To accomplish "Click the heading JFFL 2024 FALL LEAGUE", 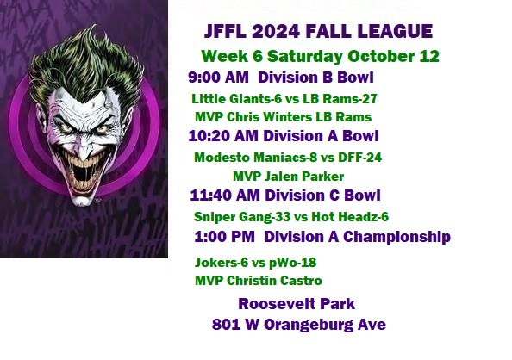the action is [318, 31].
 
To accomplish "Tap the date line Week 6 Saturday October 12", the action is [320, 56].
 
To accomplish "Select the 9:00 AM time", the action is [218, 78].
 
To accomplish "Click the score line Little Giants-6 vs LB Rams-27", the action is [284, 98].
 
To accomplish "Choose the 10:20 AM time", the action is [223, 136].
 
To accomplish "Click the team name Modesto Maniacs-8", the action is [256, 158].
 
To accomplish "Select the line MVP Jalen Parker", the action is [289, 177].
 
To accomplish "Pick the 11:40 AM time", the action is [225, 196].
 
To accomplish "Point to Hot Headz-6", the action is [350, 217].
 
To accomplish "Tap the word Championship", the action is [396, 237].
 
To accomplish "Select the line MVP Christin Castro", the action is [259, 281].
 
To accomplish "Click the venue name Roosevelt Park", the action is [297, 303].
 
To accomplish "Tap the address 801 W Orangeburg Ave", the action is [299, 325].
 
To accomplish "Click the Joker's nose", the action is [84, 148].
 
